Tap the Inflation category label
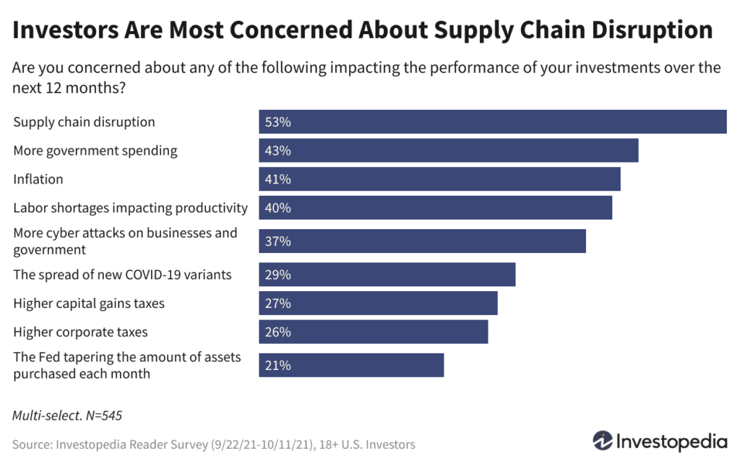[38, 179]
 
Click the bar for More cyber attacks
[422, 241]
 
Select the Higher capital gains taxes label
[89, 304]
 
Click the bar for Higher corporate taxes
[374, 332]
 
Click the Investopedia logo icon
[603, 440]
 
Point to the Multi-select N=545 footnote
[62, 416]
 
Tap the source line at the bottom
[214, 444]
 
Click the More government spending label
[95, 151]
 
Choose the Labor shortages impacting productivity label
[130, 208]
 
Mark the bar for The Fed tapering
[351, 366]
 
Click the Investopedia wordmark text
[671, 441]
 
